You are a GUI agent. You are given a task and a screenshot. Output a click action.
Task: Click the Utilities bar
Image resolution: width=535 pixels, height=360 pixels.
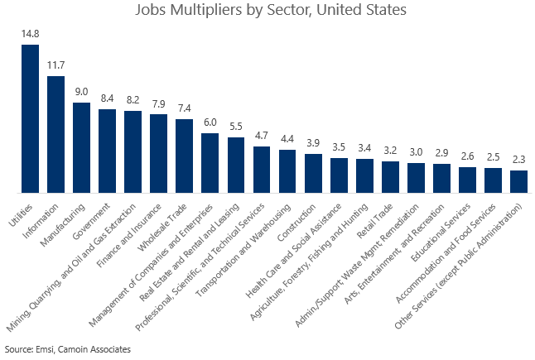pyautogui.click(x=30, y=118)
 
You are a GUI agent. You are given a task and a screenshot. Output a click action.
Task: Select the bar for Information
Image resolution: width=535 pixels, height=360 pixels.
pyautogui.click(x=55, y=133)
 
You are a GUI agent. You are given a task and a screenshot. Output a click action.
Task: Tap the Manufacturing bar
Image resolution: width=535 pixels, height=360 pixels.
pyautogui.click(x=81, y=146)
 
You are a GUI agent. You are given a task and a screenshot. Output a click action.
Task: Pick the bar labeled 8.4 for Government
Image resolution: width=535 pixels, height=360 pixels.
pyautogui.click(x=107, y=150)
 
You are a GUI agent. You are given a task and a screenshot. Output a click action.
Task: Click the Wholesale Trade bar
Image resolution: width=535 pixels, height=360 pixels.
pyautogui.click(x=184, y=155)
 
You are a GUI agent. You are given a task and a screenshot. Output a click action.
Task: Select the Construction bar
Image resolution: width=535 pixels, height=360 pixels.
pyautogui.click(x=313, y=172)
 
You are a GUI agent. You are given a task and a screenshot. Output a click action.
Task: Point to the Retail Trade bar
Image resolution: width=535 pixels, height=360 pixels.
pyautogui.click(x=390, y=175)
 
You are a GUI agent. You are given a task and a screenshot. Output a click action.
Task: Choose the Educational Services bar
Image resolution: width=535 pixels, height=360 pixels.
pyautogui.click(x=467, y=179)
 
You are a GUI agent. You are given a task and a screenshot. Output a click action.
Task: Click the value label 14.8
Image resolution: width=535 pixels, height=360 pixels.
pyautogui.click(x=30, y=34)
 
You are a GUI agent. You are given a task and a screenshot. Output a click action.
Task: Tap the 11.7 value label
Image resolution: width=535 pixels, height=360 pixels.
pyautogui.click(x=55, y=65)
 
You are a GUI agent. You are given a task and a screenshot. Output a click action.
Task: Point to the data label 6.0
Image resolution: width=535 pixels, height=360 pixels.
pyautogui.click(x=210, y=122)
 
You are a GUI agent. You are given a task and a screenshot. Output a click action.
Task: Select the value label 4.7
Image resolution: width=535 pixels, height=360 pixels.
pyautogui.click(x=262, y=136)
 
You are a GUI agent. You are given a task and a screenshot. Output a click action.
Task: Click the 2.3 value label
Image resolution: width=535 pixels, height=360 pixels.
pyautogui.click(x=518, y=160)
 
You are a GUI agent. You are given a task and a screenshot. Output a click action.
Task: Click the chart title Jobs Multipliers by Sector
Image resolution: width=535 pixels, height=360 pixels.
pyautogui.click(x=267, y=12)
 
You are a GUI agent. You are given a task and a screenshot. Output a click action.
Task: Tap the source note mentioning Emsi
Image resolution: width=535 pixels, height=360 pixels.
pyautogui.click(x=68, y=349)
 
